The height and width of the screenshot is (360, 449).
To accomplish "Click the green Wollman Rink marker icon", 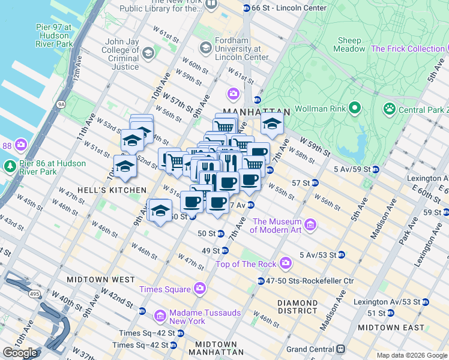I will [355, 109].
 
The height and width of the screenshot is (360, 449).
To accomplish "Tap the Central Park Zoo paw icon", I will [390, 109].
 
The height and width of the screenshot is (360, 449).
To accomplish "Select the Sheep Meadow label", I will [350, 44].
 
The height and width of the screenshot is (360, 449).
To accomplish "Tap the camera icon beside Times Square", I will [200, 289].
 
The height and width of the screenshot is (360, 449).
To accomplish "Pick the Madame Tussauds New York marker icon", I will [160, 315].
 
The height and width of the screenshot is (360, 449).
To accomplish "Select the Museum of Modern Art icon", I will [310, 225].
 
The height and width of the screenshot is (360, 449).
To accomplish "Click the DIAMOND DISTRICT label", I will [298, 307].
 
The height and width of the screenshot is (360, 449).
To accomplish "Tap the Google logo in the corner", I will [20, 353].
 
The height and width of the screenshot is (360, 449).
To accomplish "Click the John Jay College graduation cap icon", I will [148, 54].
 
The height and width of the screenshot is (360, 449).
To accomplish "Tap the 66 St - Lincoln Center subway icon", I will [246, 8].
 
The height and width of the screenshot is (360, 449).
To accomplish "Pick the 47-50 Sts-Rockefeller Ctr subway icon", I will [261, 281].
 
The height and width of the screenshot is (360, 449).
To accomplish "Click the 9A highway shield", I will [61, 104].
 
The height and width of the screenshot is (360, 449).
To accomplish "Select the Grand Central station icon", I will [340, 349].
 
